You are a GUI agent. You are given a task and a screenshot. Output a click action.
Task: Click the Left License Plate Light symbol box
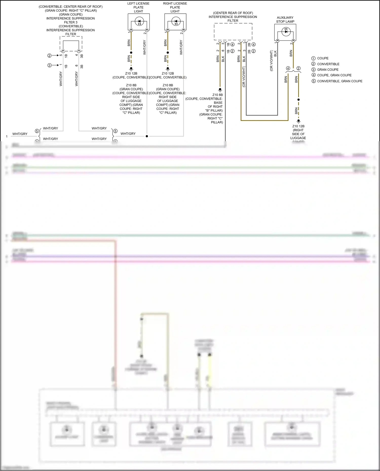tap(139, 22)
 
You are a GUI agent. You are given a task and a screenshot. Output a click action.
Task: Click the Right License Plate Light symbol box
tap(175, 22)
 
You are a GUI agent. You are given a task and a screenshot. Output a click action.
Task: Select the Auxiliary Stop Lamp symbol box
tap(285, 32)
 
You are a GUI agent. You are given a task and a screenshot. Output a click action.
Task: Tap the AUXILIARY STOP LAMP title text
tap(285, 19)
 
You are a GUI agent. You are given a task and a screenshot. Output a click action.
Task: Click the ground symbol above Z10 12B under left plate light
tap(131, 69)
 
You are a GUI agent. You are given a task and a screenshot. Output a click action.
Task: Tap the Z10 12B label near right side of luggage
tap(298, 126)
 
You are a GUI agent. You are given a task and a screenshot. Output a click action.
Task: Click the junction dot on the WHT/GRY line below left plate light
tap(147, 136)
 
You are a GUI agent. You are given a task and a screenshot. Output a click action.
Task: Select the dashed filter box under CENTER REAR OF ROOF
tap(233, 32)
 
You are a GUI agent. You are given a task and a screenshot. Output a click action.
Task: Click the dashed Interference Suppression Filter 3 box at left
tap(71, 44)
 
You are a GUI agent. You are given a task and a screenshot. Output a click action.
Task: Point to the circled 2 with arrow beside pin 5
tap(50, 55)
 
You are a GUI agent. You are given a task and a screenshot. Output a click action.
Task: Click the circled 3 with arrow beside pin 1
tap(50, 65)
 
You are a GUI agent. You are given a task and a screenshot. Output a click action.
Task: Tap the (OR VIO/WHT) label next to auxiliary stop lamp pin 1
tap(271, 61)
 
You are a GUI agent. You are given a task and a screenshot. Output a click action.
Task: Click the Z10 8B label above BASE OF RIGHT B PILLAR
tap(217, 95)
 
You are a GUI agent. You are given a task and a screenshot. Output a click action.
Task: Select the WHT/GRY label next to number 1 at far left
tap(20, 134)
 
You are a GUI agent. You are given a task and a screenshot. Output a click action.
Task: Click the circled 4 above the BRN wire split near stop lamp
tap(288, 68)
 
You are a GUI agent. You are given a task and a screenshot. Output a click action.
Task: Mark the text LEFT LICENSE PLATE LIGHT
tap(138, 7)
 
